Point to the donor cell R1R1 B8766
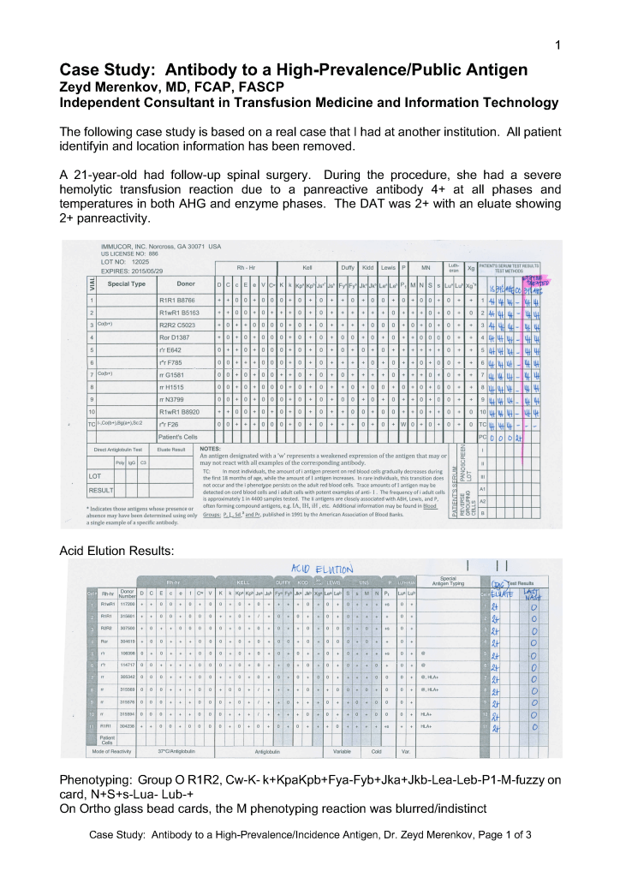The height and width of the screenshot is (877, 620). pyautogui.click(x=178, y=301)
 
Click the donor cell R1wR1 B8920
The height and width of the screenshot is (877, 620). pyautogui.click(x=179, y=411)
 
